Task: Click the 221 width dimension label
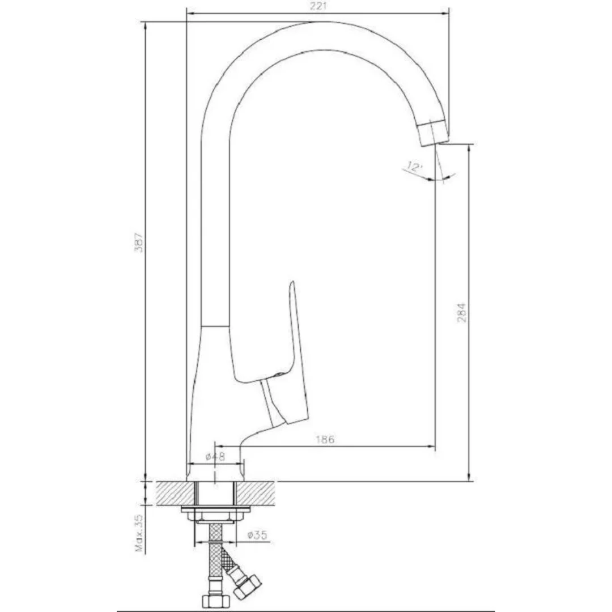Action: point(318,6)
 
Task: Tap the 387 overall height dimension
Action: point(139,243)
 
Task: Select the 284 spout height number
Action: point(461,313)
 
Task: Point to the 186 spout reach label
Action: point(325,440)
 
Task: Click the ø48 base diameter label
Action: point(215,457)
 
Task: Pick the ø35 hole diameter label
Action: point(258,535)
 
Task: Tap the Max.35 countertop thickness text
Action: point(139,533)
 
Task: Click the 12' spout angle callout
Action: point(414,167)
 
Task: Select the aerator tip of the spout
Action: point(434,132)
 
